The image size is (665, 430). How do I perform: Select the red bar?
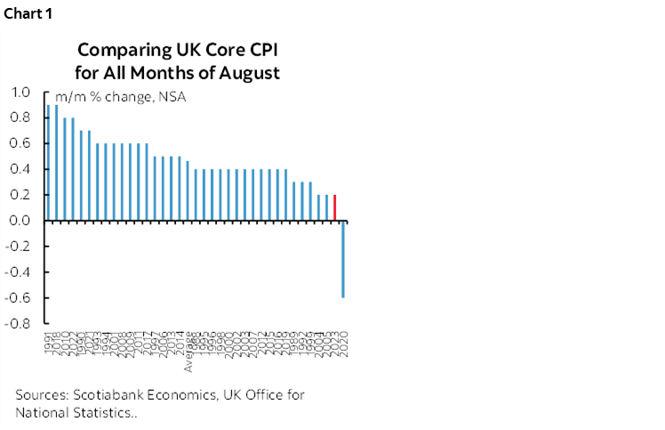coord(334,207)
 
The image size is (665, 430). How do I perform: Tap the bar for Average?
coord(187,191)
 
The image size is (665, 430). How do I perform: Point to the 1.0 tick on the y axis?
coord(20,92)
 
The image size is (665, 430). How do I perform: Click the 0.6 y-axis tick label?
coord(20,143)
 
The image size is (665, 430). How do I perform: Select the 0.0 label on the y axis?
coord(20,221)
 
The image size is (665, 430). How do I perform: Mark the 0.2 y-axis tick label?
coord(20,195)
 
